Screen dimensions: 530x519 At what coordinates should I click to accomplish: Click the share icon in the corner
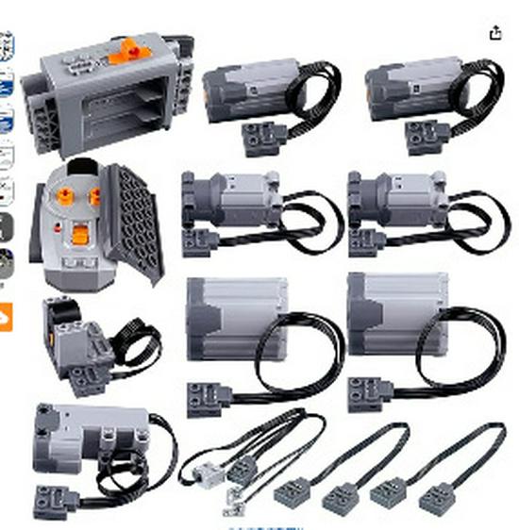tap(495, 33)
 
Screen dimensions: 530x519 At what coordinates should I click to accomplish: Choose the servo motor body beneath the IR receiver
tap(90, 433)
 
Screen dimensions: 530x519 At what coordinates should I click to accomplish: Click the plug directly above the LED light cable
tap(204, 395)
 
